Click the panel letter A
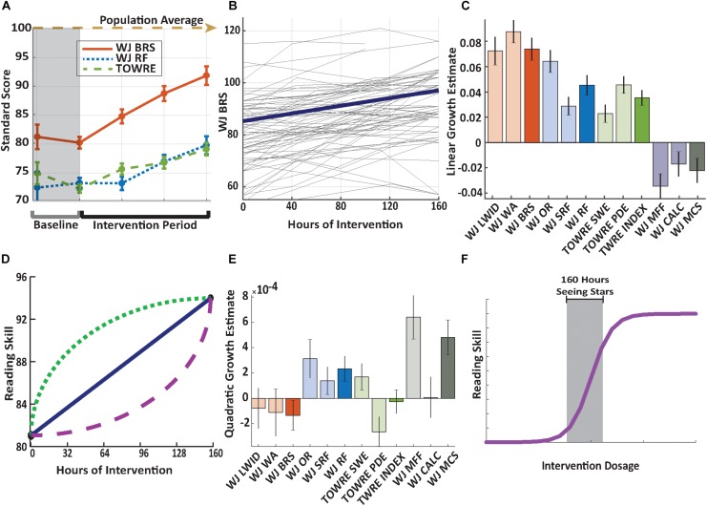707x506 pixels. point(9,8)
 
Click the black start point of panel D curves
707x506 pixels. point(31,434)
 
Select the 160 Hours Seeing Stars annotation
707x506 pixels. point(584,287)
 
